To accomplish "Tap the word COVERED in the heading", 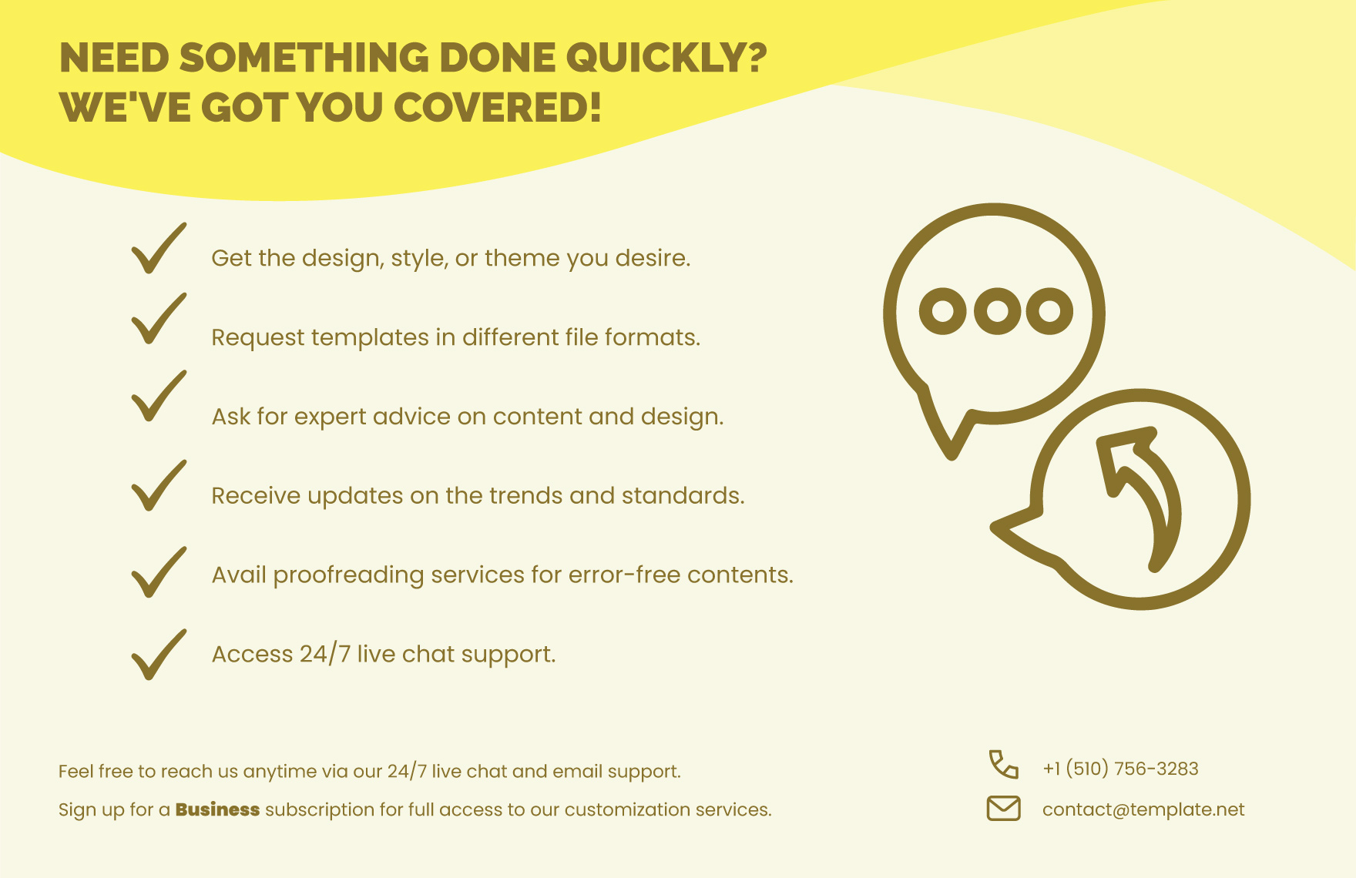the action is pyautogui.click(x=498, y=107).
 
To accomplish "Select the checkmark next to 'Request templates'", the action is pyautogui.click(x=158, y=319).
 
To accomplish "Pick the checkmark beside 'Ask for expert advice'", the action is pyautogui.click(x=158, y=397).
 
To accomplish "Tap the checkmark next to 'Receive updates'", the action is pyautogui.click(x=158, y=486).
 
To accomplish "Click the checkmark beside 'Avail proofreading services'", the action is pyautogui.click(x=158, y=572).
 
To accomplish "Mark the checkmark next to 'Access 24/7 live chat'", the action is pyautogui.click(x=158, y=655).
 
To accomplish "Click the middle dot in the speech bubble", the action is pyautogui.click(x=997, y=311).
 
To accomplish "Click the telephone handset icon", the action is pyautogui.click(x=1003, y=764).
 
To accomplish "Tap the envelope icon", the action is pyautogui.click(x=1003, y=809).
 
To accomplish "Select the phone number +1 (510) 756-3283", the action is pyautogui.click(x=1120, y=769).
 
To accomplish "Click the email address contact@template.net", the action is pyautogui.click(x=1143, y=809).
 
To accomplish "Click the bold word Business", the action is pyautogui.click(x=217, y=809).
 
